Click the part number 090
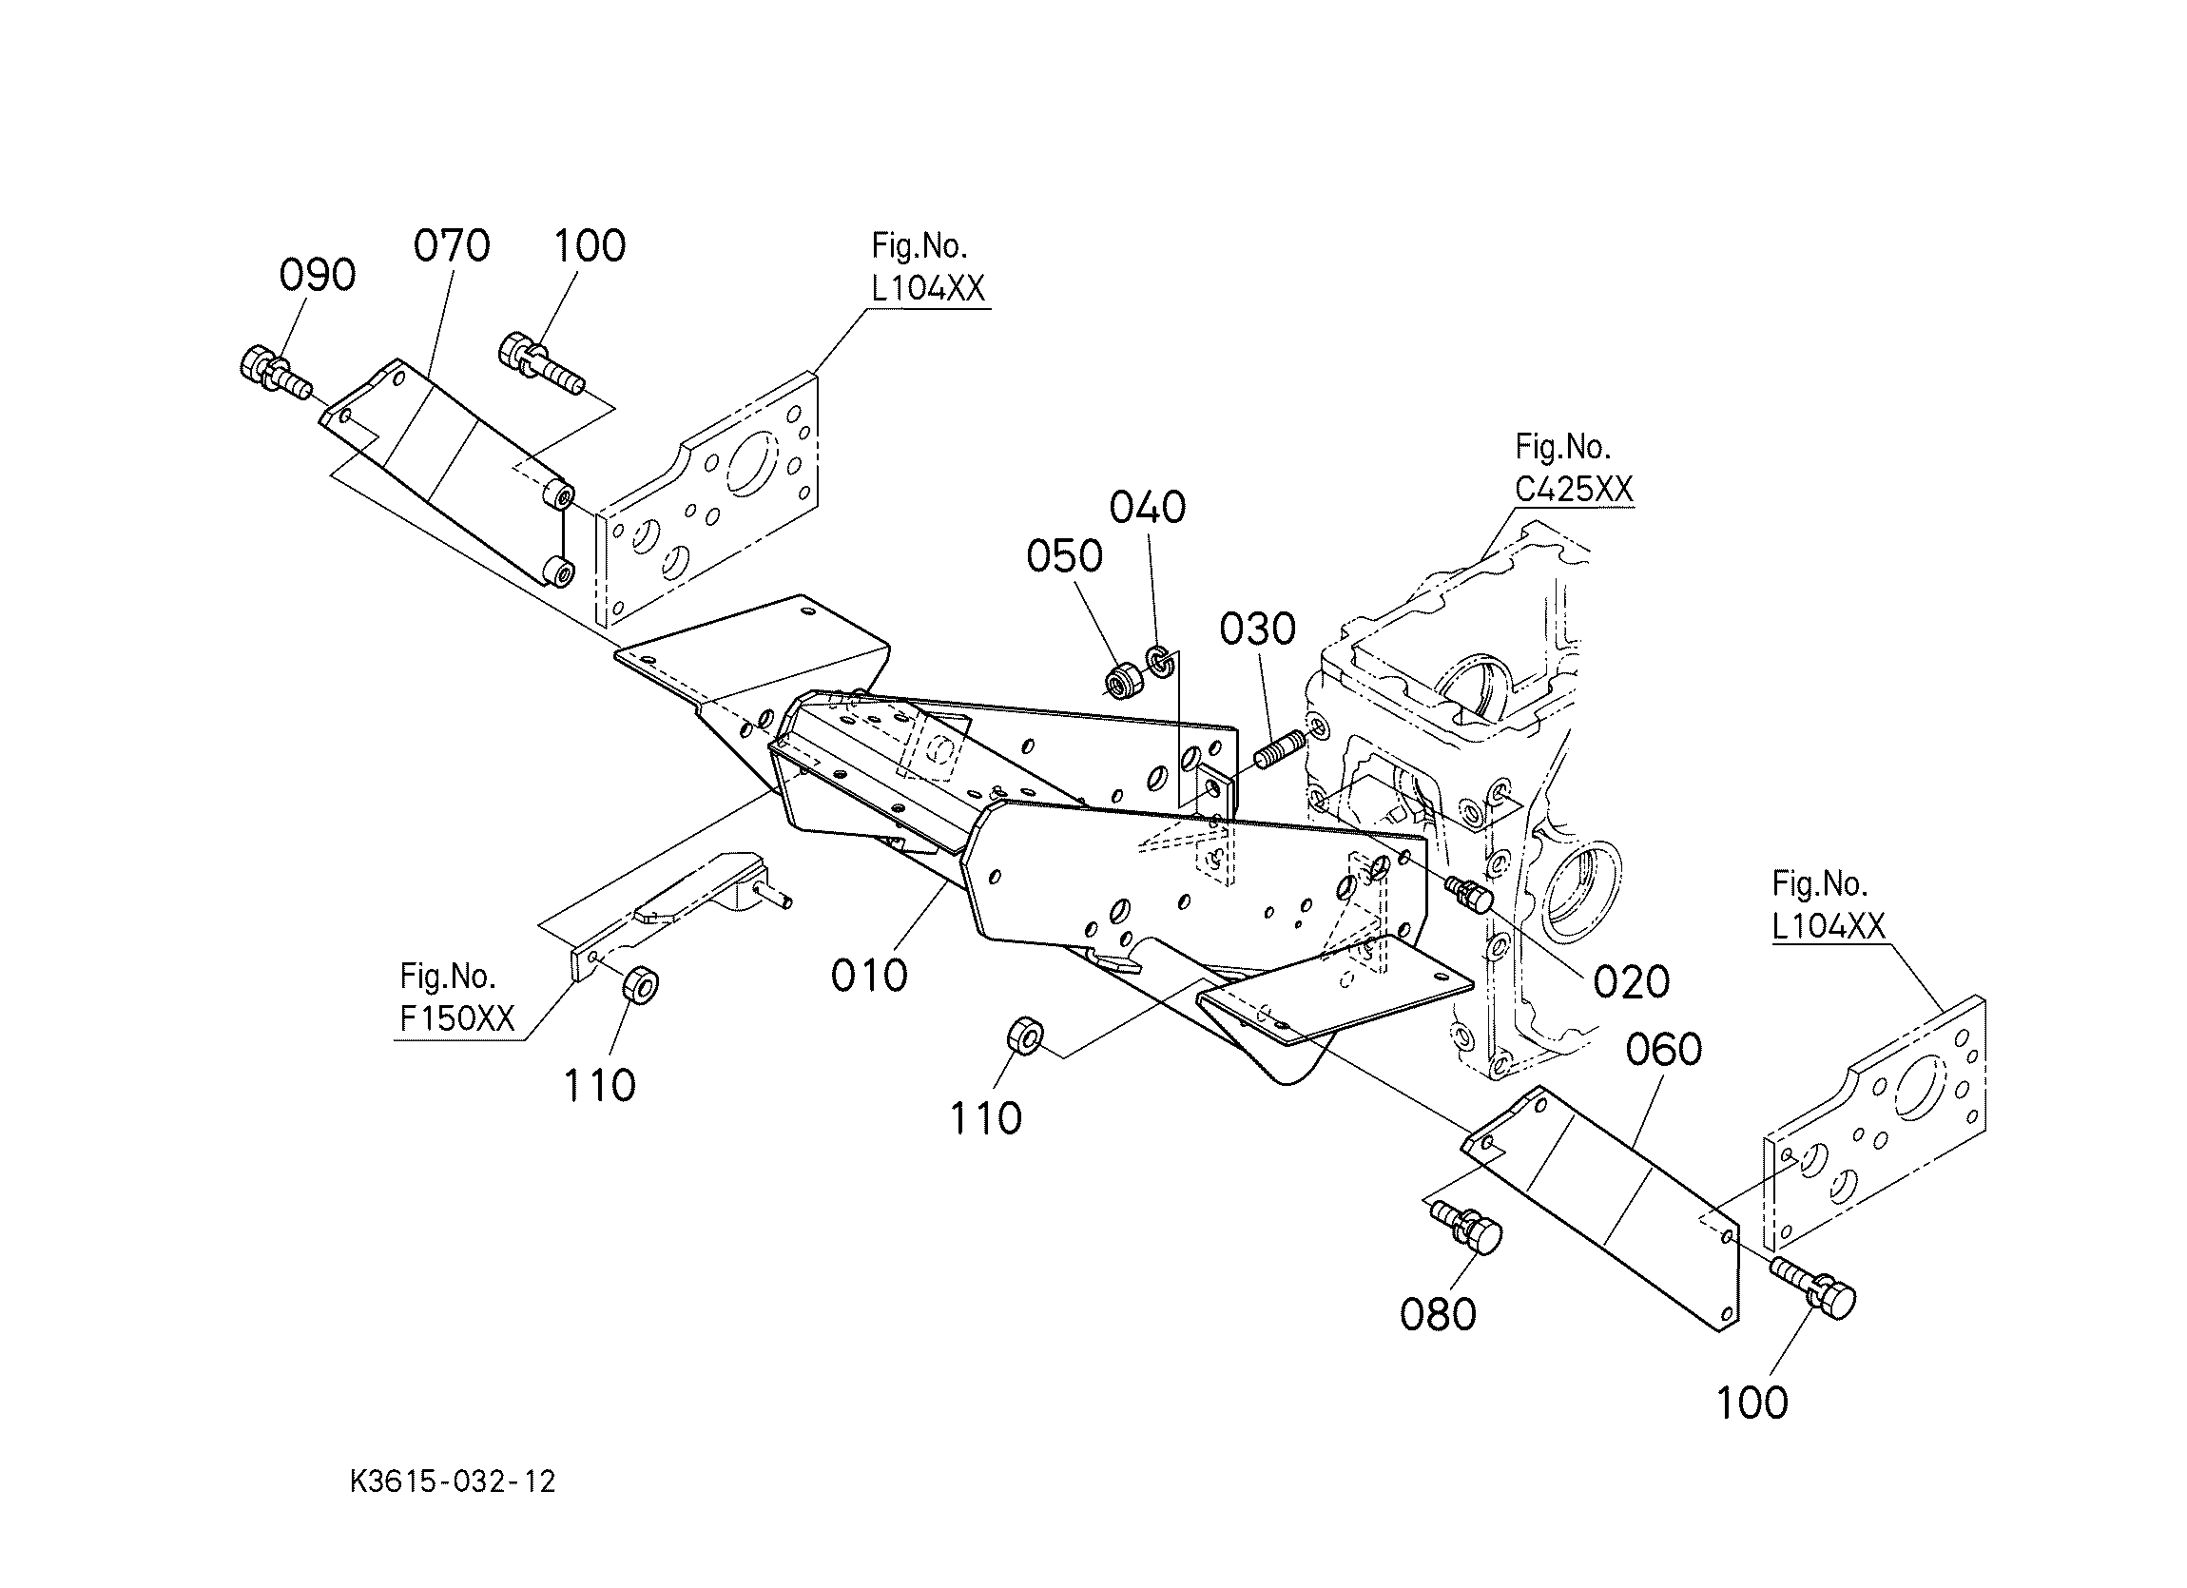click(318, 276)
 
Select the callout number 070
click(452, 246)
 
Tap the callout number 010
click(869, 976)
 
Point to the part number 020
click(1631, 981)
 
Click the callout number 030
click(1257, 629)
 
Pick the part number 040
click(1148, 507)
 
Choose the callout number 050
click(1065, 556)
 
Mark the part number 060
click(1663, 1049)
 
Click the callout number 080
click(1438, 1314)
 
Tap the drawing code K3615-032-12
click(453, 1481)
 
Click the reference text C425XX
click(1574, 490)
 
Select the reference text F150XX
click(457, 1019)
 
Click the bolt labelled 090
click(272, 373)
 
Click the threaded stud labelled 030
click(1278, 748)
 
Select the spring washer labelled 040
click(1160, 662)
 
